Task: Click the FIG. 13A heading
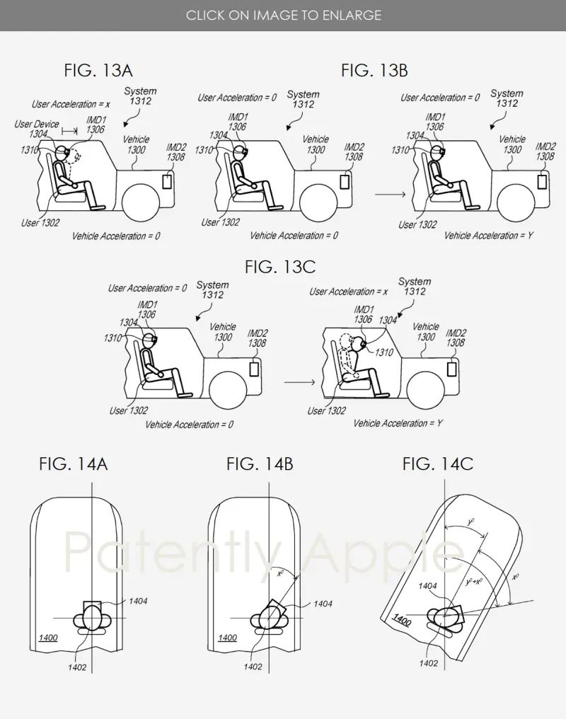point(98,71)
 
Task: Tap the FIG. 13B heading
point(374,71)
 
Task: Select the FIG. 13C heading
point(280,267)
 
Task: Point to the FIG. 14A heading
point(74,464)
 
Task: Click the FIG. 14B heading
point(260,464)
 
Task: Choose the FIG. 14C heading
point(438,464)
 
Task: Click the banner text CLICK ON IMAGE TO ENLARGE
point(283,15)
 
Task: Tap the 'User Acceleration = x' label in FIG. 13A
point(71,105)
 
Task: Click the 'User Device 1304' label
point(36,129)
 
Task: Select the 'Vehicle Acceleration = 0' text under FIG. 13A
point(116,236)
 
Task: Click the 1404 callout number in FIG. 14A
point(138,601)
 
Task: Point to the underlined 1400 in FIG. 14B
point(227,638)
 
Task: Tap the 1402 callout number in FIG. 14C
point(429,663)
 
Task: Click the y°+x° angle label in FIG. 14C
point(474,582)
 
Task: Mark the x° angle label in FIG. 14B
point(280,573)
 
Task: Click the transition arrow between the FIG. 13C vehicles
point(300,382)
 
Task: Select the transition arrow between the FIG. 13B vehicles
point(390,195)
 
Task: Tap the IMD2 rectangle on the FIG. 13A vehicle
point(167,182)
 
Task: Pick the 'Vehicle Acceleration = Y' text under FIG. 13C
point(398,423)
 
